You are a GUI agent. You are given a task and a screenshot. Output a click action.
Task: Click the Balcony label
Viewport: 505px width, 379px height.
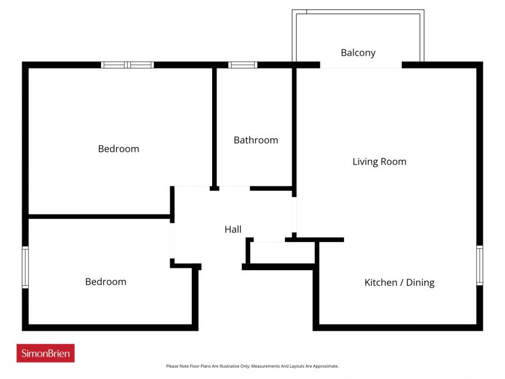(358, 53)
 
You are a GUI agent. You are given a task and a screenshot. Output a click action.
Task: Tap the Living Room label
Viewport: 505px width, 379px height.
(379, 162)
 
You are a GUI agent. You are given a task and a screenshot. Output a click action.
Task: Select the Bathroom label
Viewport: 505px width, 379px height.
(256, 140)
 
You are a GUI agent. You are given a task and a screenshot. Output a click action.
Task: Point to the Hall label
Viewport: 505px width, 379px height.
(233, 229)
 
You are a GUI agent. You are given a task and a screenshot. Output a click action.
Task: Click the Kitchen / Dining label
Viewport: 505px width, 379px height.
(400, 282)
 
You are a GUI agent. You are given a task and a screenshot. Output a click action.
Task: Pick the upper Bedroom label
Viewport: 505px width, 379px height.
(118, 149)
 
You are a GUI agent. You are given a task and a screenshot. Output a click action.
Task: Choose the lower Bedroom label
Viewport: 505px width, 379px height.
(105, 282)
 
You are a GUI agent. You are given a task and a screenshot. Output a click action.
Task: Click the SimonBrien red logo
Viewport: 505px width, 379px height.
(45, 353)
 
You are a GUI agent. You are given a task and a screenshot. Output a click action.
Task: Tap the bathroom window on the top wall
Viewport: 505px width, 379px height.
(242, 65)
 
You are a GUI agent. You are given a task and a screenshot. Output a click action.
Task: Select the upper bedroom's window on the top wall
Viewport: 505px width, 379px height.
(127, 65)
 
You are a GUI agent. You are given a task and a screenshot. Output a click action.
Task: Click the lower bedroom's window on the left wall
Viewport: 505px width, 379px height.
(25, 268)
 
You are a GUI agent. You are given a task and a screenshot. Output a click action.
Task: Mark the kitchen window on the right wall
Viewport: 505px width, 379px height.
(480, 265)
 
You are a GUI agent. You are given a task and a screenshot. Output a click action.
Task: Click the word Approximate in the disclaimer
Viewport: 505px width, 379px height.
(325, 366)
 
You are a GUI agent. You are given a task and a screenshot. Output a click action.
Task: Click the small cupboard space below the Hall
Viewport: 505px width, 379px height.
(281, 253)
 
